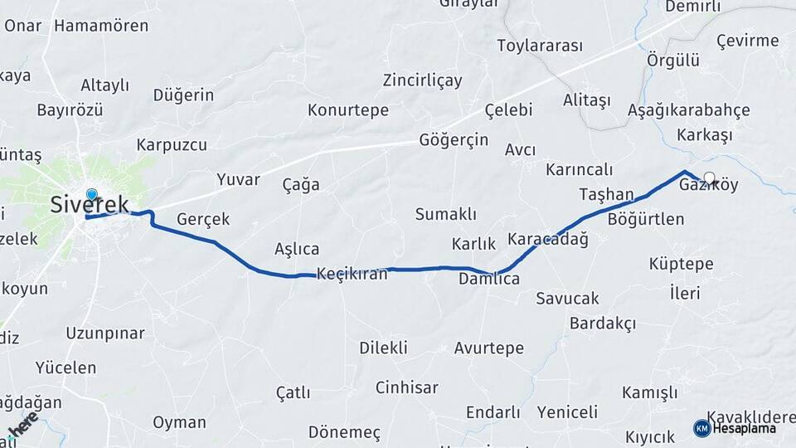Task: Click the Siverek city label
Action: (x=90, y=204)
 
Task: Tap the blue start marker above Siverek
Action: (x=91, y=195)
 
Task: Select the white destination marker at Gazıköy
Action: (x=709, y=177)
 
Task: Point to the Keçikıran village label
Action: (x=352, y=274)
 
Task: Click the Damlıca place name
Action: (x=489, y=279)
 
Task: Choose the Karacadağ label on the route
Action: (x=548, y=239)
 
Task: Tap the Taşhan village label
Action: (x=606, y=193)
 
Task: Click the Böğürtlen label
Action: (x=646, y=219)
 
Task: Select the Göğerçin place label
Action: (x=454, y=139)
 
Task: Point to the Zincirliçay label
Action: (x=422, y=80)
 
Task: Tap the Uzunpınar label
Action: (x=105, y=334)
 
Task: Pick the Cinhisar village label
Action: (x=406, y=387)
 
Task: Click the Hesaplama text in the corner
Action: (x=745, y=428)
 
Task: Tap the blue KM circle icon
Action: (x=701, y=428)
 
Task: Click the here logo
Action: (x=22, y=424)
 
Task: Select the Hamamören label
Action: (x=101, y=26)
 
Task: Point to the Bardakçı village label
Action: (x=603, y=323)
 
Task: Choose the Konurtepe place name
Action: (x=348, y=110)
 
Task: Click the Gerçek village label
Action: (x=203, y=219)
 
